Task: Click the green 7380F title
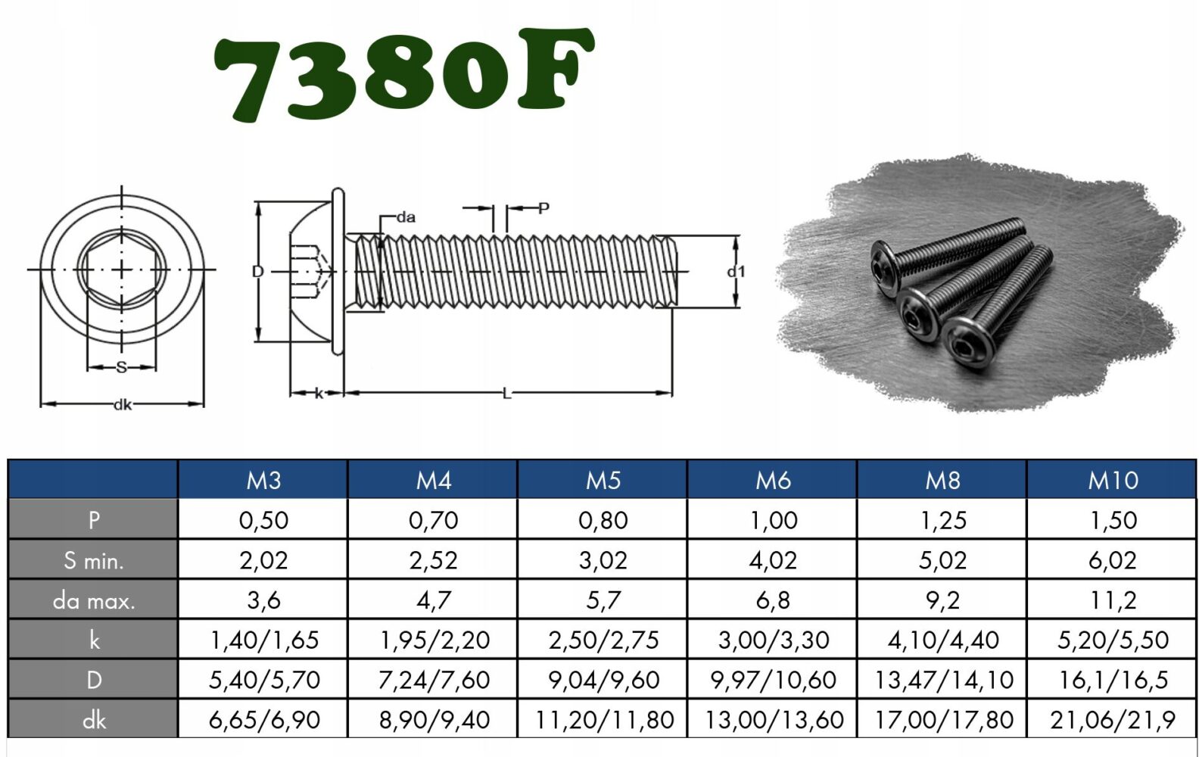404,75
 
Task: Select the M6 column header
773,480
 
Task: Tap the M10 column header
1113,480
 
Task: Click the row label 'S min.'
94,560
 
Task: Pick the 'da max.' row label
94,600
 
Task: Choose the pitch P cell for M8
942,520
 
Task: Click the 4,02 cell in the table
773,560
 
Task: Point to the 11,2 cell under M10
1113,600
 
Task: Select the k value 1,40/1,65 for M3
264,640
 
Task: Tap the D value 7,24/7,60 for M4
434,680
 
